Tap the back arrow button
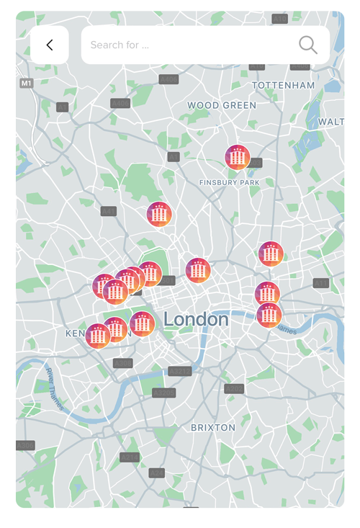click(x=50, y=45)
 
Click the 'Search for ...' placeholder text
click(x=120, y=45)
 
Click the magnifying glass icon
click(x=308, y=45)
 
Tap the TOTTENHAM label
click(x=283, y=85)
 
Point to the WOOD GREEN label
click(x=222, y=105)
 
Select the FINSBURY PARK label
click(x=229, y=183)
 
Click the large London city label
click(x=196, y=319)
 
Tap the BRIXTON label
click(x=213, y=427)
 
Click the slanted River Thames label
click(x=55, y=388)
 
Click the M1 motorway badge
click(x=27, y=84)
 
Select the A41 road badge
click(x=109, y=211)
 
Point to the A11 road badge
click(x=320, y=283)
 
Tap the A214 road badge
click(x=130, y=457)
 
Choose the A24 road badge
click(x=157, y=473)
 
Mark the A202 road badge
click(x=234, y=389)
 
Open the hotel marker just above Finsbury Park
click(x=238, y=157)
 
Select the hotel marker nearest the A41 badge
click(x=159, y=214)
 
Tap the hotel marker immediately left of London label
click(x=143, y=324)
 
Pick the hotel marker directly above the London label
click(x=198, y=270)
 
